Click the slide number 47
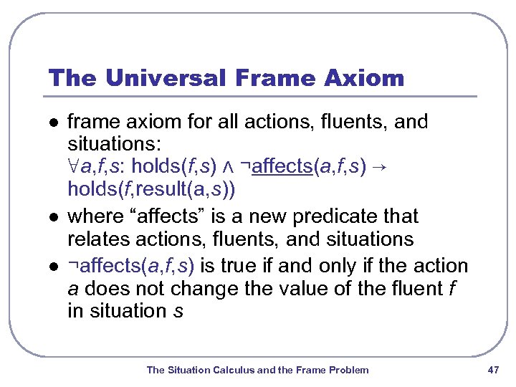[x=492, y=370]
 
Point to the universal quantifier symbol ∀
[x=73, y=168]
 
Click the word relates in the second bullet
[x=95, y=239]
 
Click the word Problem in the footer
[x=349, y=370]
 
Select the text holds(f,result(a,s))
[x=150, y=190]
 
